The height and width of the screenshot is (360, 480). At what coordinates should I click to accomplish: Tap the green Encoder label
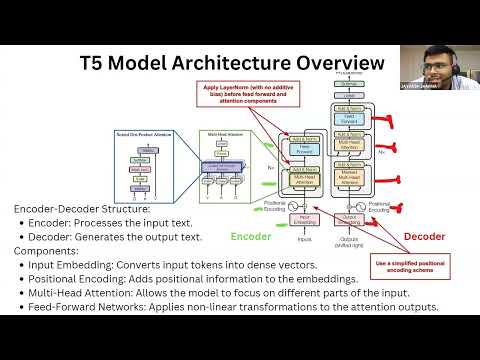coord(250,237)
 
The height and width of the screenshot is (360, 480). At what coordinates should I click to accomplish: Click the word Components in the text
coord(50,251)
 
